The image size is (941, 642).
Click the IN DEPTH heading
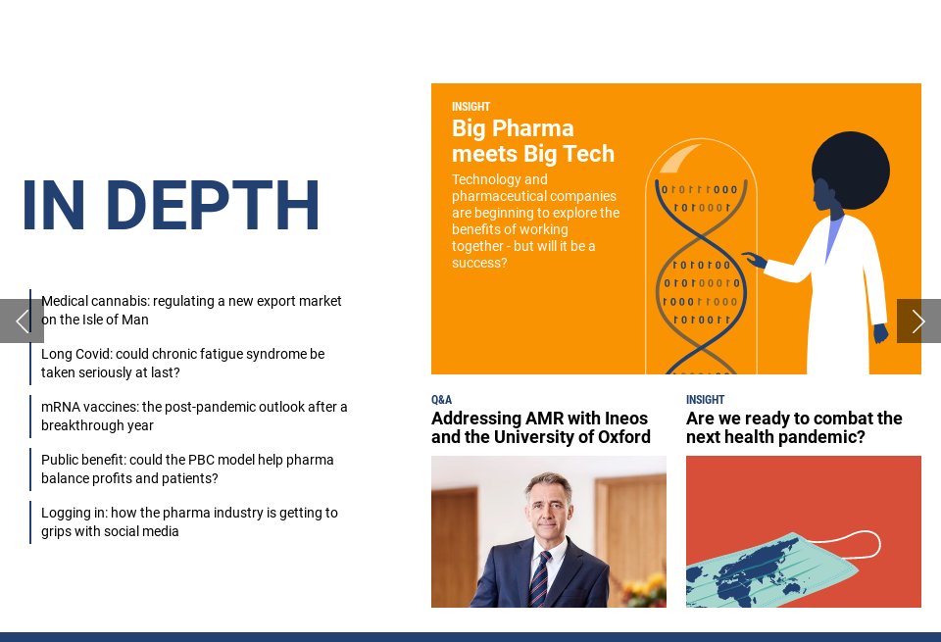pyautogui.click(x=171, y=206)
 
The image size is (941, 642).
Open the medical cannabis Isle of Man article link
pyautogui.click(x=191, y=311)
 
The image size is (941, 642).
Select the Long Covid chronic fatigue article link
pyautogui.click(x=182, y=364)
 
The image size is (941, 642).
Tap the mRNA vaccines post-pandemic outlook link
pyautogui.click(x=194, y=417)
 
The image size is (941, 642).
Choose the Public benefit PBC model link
pyautogui.click(x=187, y=469)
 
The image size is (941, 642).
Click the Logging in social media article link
pyautogui.click(x=189, y=522)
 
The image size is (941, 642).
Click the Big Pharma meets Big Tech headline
pyautogui.click(x=532, y=141)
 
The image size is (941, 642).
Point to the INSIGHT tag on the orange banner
pyautogui.click(x=470, y=107)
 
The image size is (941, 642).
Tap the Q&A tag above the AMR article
pyautogui.click(x=441, y=400)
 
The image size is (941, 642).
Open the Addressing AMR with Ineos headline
pyautogui.click(x=540, y=428)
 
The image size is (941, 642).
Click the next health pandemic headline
pyautogui.click(x=794, y=428)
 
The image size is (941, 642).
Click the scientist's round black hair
pyautogui.click(x=851, y=170)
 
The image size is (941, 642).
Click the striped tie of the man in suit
pyautogui.click(x=540, y=578)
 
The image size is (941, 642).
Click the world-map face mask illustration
pyautogui.click(x=774, y=568)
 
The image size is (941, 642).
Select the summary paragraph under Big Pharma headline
pyautogui.click(x=535, y=222)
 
